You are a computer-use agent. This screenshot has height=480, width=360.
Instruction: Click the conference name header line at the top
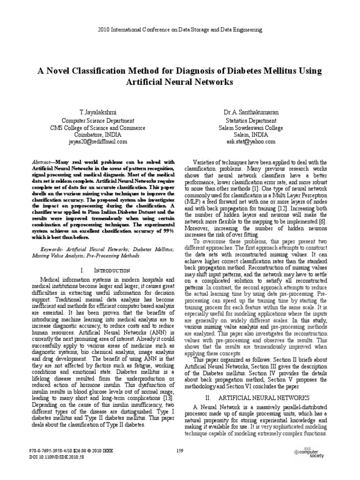[180, 30]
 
